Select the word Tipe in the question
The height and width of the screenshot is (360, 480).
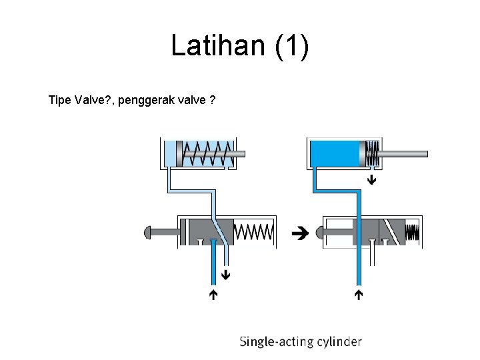[x=61, y=101]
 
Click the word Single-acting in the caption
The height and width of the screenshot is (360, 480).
[x=275, y=342]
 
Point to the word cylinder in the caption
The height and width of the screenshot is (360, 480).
[x=338, y=342]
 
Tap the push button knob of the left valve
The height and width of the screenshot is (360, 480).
[x=149, y=232]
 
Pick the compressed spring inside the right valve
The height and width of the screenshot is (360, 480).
[x=413, y=232]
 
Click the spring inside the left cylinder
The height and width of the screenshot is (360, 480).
[x=208, y=154]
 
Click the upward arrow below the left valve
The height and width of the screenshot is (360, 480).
[x=213, y=293]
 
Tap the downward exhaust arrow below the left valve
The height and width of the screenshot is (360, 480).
[x=226, y=273]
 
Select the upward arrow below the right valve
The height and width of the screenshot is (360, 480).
[x=359, y=293]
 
